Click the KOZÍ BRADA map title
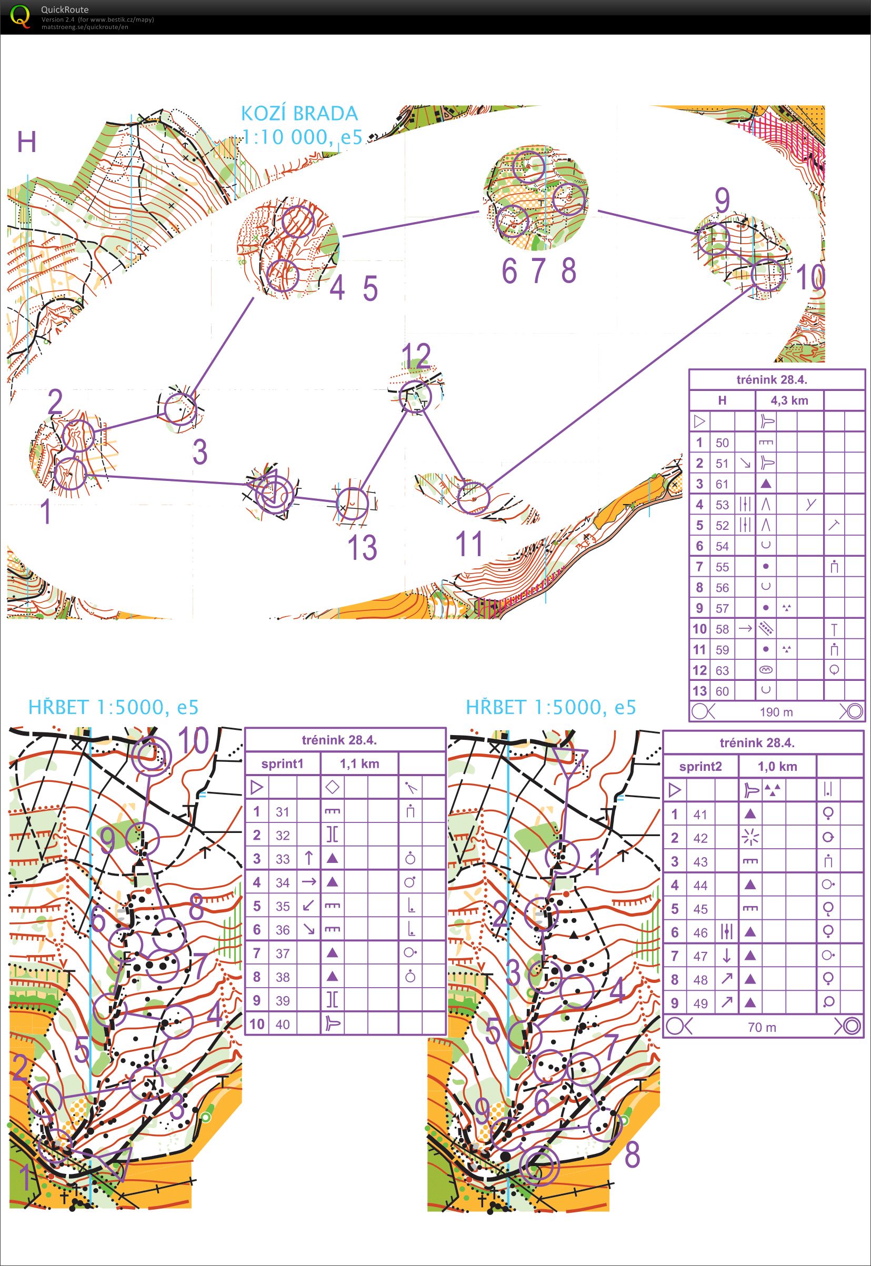coord(299,114)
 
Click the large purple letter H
coord(27,142)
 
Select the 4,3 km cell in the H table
coord(789,400)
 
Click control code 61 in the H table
coord(722,484)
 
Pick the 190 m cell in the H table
coord(776,712)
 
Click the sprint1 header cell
coord(282,764)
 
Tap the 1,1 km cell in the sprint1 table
coord(359,764)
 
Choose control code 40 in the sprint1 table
coord(282,1024)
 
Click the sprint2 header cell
coord(700,767)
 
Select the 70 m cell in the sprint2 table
coord(762,1028)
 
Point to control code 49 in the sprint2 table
coord(700,1003)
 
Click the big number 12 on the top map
coord(416,356)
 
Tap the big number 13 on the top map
coord(362,548)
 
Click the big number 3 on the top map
coord(200,452)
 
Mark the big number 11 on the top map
coord(469,544)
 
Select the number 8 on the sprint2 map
coord(632,1154)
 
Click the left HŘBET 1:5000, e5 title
coord(113,707)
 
